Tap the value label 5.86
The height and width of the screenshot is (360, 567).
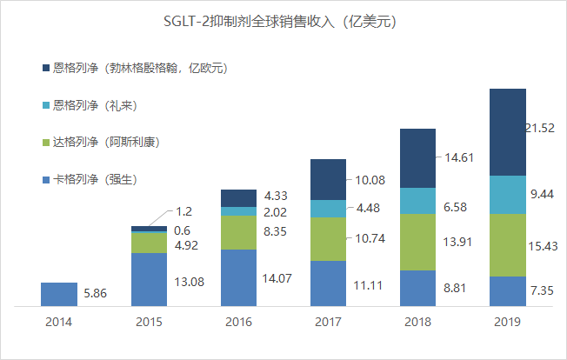(x=97, y=295)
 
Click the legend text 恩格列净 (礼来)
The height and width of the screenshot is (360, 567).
(x=97, y=105)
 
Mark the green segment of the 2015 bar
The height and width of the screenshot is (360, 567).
(x=149, y=243)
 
